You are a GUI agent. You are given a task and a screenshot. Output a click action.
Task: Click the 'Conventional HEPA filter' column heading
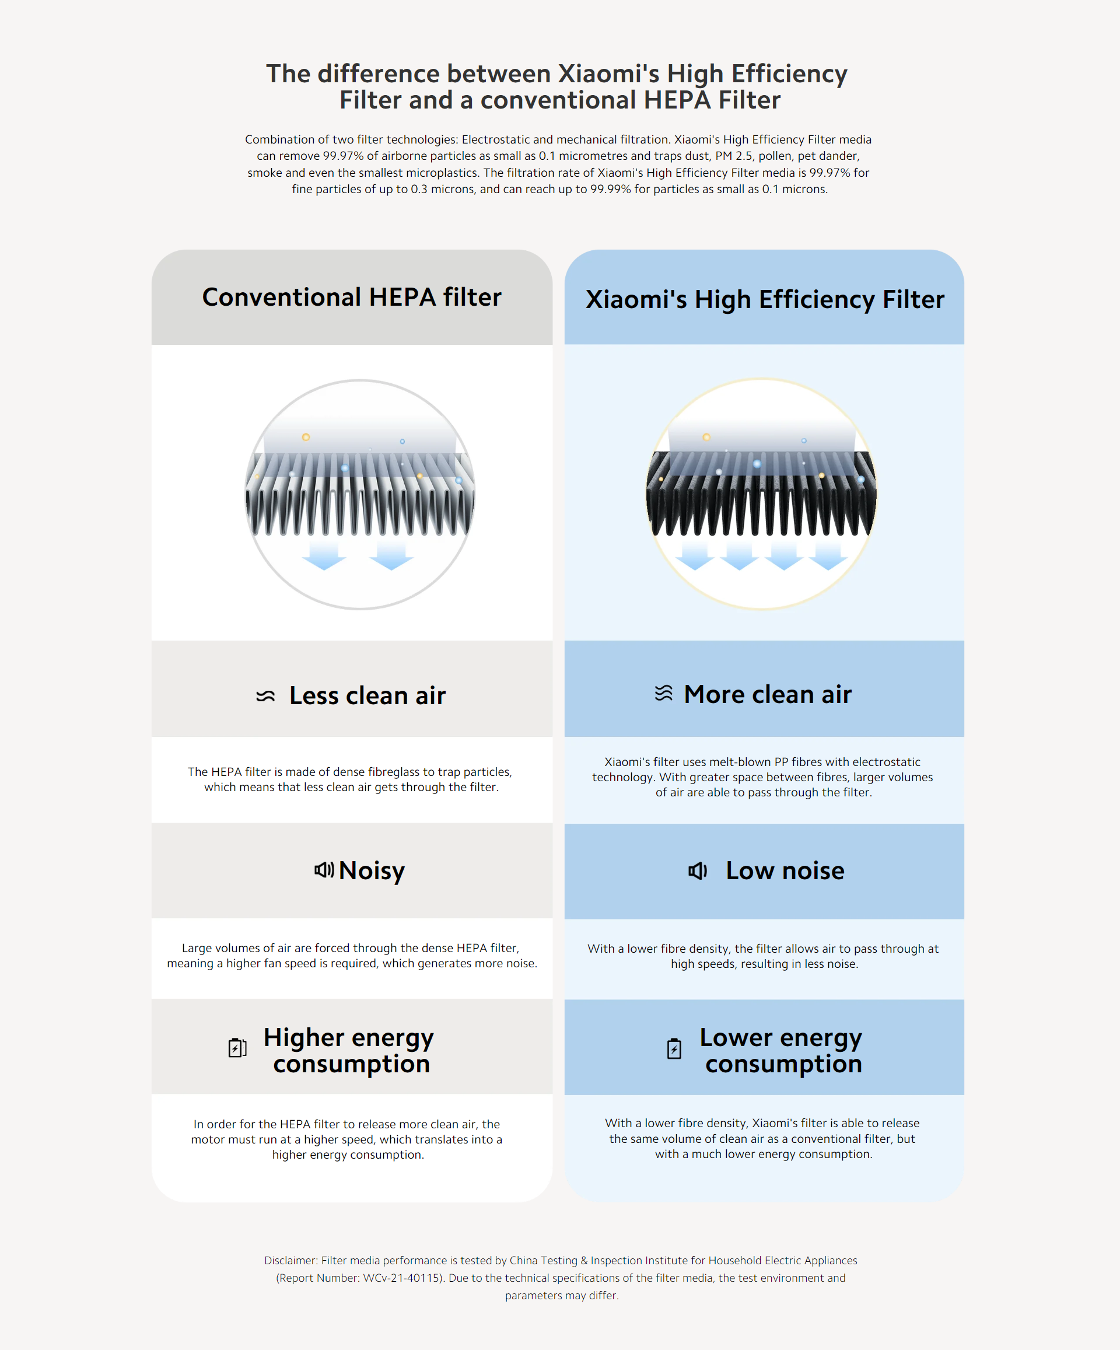[351, 297]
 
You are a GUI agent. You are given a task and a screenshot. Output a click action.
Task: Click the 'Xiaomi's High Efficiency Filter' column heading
[764, 299]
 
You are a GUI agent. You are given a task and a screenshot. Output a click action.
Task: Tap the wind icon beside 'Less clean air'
[265, 695]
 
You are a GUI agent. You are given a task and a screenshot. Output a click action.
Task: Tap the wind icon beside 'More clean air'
[663, 693]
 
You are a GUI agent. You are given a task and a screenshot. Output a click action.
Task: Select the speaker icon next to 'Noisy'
[324, 870]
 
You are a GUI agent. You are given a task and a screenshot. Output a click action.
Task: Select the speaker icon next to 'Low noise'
[698, 870]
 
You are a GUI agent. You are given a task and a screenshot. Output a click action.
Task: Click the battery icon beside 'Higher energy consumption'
[237, 1047]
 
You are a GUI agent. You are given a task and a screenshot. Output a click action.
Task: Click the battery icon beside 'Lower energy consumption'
[674, 1048]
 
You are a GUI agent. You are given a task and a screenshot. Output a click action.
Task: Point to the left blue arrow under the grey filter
[324, 557]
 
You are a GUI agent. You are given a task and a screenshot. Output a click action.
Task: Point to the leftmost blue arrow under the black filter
[694, 557]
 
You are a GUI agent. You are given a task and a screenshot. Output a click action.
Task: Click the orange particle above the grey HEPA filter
[306, 437]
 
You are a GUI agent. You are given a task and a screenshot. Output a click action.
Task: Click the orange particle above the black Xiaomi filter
[706, 437]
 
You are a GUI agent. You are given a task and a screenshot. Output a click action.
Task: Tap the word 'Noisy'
[372, 870]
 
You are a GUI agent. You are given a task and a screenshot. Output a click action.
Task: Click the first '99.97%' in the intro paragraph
[344, 156]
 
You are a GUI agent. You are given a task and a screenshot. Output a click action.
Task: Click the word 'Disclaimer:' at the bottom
[290, 1260]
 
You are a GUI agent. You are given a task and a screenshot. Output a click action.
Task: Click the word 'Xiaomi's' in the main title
[608, 74]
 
